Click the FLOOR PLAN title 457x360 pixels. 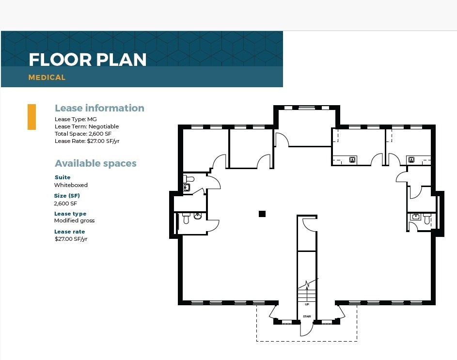click(87, 60)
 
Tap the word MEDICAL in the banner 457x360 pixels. click(47, 78)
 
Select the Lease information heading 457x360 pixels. click(99, 108)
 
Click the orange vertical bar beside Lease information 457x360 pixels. click(32, 117)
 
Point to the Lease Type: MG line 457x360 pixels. click(76, 119)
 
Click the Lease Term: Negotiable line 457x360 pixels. click(86, 126)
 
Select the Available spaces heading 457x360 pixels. click(95, 163)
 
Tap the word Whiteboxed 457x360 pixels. click(71, 185)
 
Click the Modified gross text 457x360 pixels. click(74, 220)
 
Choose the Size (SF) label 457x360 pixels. click(67, 196)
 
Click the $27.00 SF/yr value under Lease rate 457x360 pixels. click(71, 239)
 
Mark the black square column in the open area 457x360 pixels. click(262, 214)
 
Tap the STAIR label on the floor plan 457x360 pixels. click(307, 316)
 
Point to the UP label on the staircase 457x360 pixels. click(307, 304)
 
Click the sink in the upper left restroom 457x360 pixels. click(187, 188)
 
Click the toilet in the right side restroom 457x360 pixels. click(427, 219)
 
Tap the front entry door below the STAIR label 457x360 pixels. click(305, 329)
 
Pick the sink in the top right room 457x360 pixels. click(411, 159)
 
